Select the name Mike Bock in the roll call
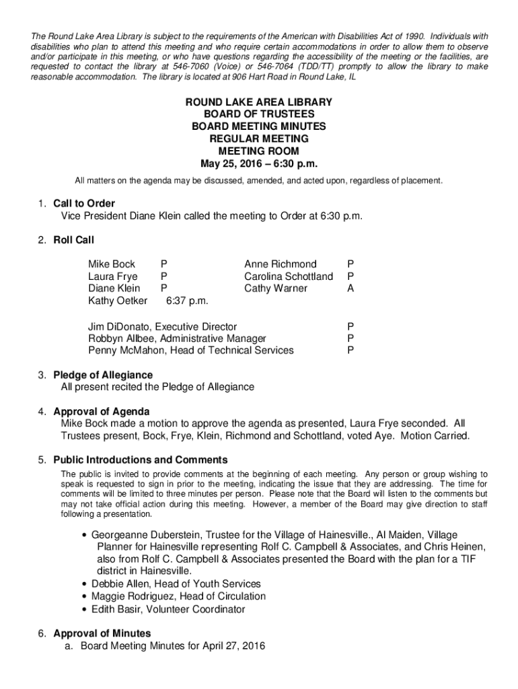pyautogui.click(x=112, y=264)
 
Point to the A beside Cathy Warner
pyautogui.click(x=350, y=288)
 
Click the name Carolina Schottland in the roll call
pyautogui.click(x=289, y=276)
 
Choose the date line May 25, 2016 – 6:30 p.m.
pyautogui.click(x=259, y=164)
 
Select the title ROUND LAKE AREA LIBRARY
pyautogui.click(x=259, y=102)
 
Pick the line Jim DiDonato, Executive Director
pyautogui.click(x=162, y=326)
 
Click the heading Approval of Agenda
pyautogui.click(x=102, y=411)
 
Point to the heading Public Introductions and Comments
pyautogui.click(x=141, y=460)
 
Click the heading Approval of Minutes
pyautogui.click(x=102, y=633)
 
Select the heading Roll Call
pyautogui.click(x=74, y=240)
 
